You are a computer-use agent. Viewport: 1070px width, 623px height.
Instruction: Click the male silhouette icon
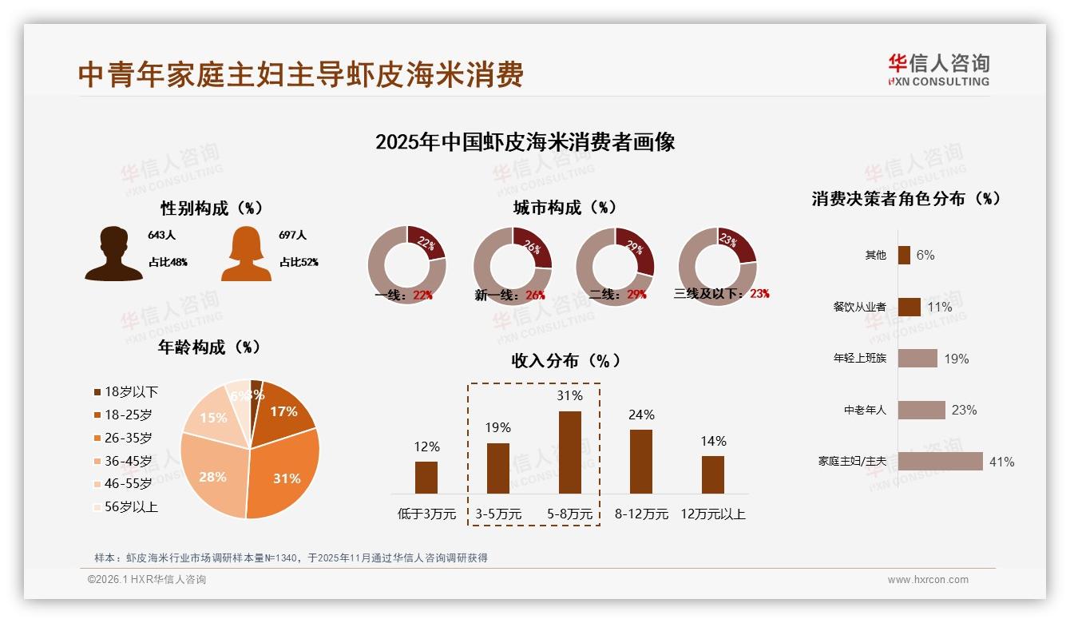click(x=113, y=254)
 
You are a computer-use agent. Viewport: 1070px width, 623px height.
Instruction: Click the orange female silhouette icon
click(x=246, y=254)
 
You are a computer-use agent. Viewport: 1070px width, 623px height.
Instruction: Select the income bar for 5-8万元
click(x=569, y=452)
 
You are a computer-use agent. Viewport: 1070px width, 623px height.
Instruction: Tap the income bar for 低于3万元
click(x=426, y=477)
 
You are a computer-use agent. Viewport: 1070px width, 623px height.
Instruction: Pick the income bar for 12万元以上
click(x=712, y=474)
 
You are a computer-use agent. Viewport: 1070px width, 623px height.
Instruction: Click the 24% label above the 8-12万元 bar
click(x=641, y=415)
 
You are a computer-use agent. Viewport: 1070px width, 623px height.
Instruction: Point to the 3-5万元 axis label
click(x=497, y=514)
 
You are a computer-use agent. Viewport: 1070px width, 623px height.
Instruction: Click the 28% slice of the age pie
click(x=212, y=475)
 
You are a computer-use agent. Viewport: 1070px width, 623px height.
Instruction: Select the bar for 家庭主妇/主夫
click(x=940, y=461)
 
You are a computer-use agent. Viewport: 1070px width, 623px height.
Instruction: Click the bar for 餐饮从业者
click(x=909, y=307)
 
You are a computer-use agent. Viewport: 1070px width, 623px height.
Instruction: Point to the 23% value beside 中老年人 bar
click(x=964, y=410)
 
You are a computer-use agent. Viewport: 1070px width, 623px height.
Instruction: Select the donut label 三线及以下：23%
click(x=721, y=293)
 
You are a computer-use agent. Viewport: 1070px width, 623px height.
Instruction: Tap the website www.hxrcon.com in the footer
click(x=927, y=580)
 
